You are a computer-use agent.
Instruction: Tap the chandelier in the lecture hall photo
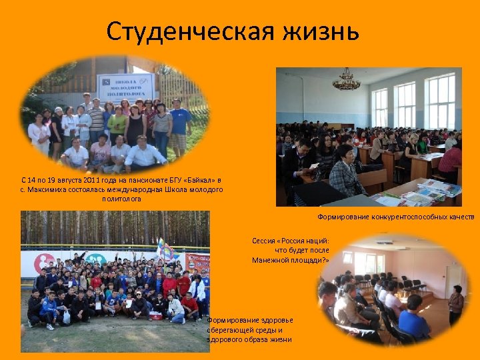click(346, 81)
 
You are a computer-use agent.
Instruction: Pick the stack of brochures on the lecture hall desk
click(427, 193)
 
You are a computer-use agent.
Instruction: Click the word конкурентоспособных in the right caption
click(404, 217)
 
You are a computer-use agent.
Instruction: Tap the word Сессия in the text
click(263, 241)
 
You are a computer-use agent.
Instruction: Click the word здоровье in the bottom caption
click(270, 320)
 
